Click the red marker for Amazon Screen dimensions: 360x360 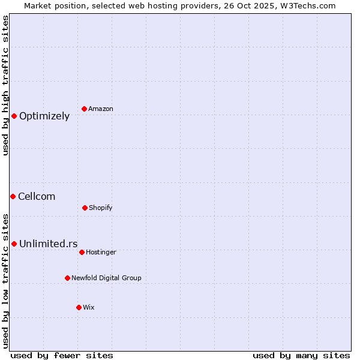point(85,109)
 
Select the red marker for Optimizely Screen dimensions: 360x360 point(14,116)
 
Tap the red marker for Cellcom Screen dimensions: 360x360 point(13,196)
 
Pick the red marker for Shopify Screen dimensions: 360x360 point(85,208)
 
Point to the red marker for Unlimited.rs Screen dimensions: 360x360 point(14,244)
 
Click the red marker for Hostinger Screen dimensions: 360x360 point(82,252)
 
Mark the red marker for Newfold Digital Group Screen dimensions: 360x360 point(67,278)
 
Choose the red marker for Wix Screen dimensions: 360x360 point(79,307)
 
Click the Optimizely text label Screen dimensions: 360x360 point(44,116)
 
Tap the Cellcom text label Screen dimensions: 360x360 point(37,197)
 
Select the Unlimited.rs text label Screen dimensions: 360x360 point(49,244)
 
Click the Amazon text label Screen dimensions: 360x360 point(101,109)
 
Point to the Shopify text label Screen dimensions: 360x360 point(101,208)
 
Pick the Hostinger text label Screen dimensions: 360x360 point(101,253)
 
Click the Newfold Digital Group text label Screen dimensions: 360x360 point(106,278)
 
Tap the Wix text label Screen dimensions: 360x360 point(89,308)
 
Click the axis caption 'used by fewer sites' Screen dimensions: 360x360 point(62,355)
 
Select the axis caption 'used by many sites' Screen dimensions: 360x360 point(301,355)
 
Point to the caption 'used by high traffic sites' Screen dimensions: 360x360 point(5,85)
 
